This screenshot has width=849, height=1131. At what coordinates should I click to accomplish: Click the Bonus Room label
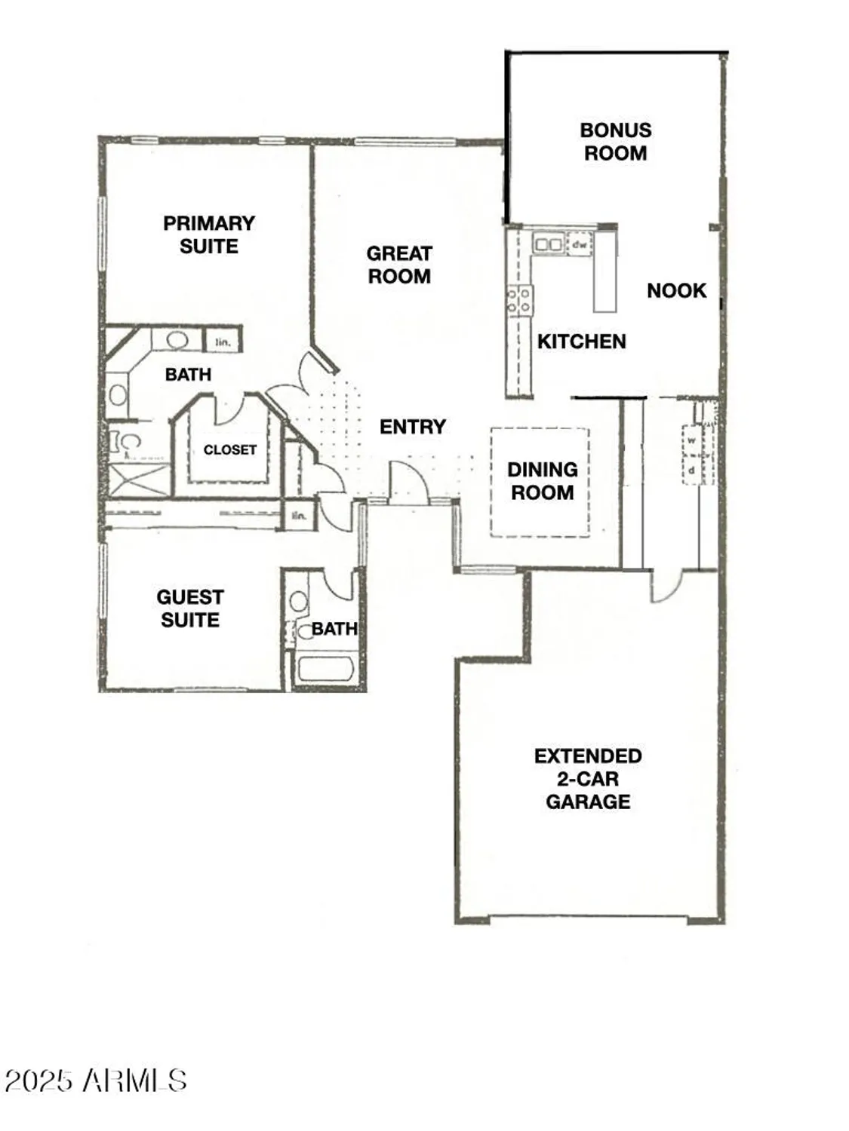[615, 141]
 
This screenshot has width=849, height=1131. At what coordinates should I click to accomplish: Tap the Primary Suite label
[208, 234]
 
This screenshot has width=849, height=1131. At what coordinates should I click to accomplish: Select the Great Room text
[399, 265]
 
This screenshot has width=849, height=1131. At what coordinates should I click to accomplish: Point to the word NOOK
[676, 291]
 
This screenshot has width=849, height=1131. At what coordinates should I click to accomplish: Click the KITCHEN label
[581, 342]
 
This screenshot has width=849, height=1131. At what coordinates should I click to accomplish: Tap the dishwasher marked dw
[580, 244]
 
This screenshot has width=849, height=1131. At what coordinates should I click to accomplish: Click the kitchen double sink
[549, 244]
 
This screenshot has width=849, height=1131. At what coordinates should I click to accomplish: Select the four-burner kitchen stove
[519, 300]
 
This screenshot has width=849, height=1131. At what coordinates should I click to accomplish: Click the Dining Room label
[542, 481]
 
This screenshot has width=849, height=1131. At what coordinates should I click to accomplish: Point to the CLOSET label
[229, 449]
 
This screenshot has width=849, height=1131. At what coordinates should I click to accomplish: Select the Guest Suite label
[190, 608]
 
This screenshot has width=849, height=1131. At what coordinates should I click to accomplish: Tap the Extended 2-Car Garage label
[588, 779]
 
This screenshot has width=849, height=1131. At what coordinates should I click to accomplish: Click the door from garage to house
[666, 585]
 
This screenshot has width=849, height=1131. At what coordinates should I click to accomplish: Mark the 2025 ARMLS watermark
[96, 1080]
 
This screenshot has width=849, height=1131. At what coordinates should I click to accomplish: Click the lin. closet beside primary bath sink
[223, 342]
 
